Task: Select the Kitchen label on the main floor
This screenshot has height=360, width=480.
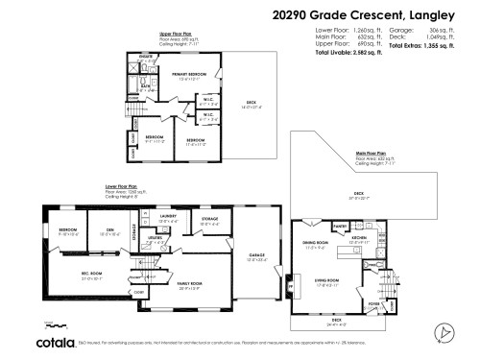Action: pos(360,236)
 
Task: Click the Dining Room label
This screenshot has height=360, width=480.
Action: pos(316,244)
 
